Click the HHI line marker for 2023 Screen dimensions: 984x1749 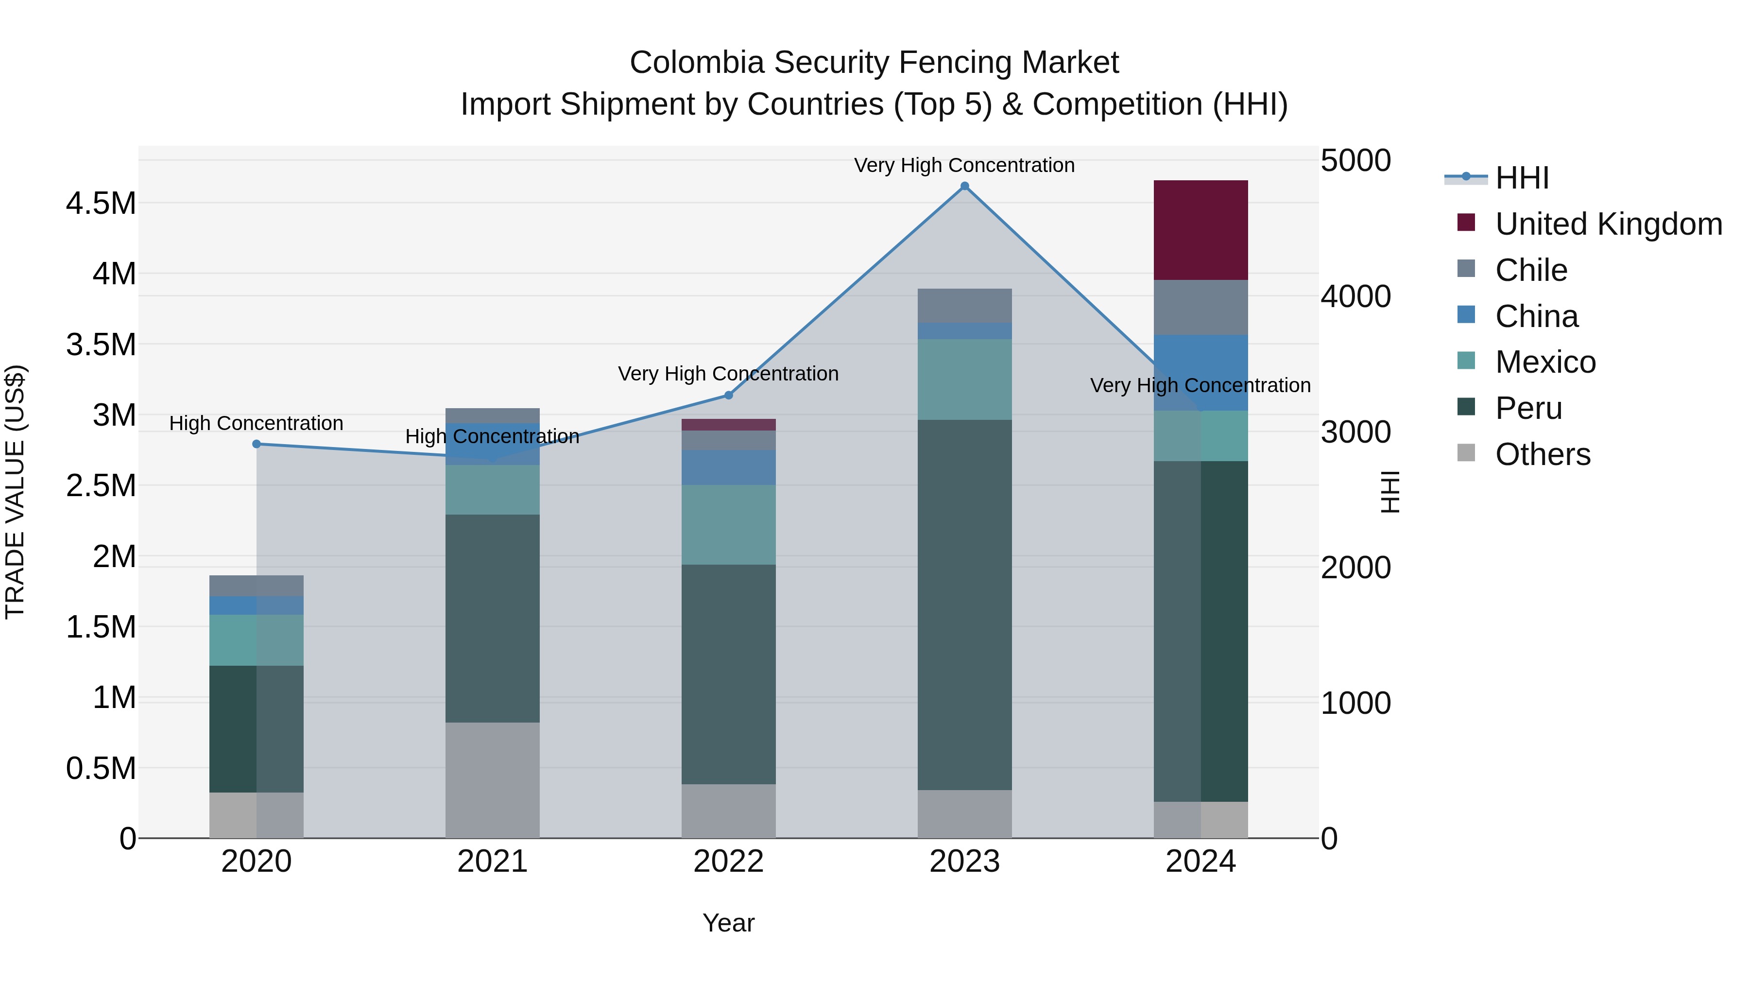[x=965, y=186]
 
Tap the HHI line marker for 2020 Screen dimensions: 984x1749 [x=257, y=444]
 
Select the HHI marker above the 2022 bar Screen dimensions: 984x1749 [x=729, y=395]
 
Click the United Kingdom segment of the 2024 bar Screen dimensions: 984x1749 [x=1200, y=230]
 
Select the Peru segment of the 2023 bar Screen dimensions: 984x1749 [x=965, y=604]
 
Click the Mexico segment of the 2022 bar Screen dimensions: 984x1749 [x=729, y=524]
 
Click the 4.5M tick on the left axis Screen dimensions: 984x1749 [x=101, y=204]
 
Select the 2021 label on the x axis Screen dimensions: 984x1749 [x=492, y=862]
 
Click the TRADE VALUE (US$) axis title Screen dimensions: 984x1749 [x=15, y=492]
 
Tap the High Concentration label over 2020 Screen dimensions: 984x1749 [x=256, y=423]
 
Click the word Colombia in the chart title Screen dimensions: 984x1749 [x=697, y=63]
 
